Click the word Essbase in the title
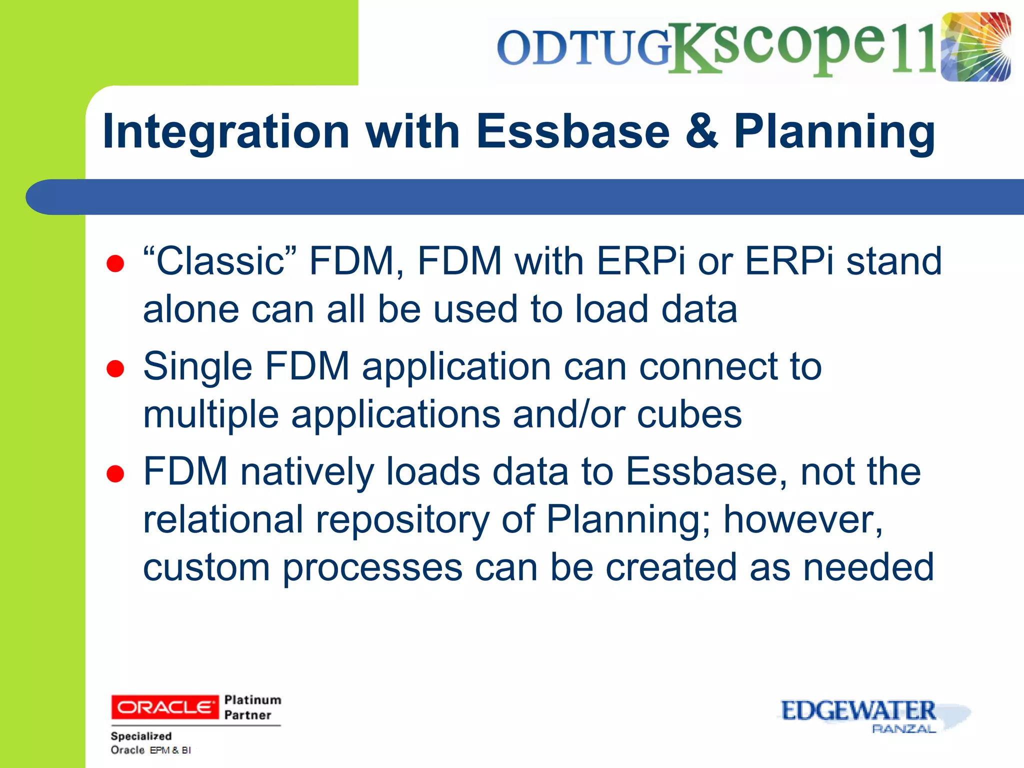pyautogui.click(x=572, y=131)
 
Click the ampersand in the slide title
pyautogui.click(x=701, y=131)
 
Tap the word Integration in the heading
pyautogui.click(x=226, y=131)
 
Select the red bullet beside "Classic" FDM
pyautogui.click(x=115, y=263)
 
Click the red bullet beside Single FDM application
pyautogui.click(x=115, y=369)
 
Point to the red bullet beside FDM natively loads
pyautogui.click(x=115, y=474)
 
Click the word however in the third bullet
pyautogui.click(x=803, y=519)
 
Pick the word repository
pyautogui.click(x=402, y=519)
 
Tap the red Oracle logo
pyautogui.click(x=164, y=707)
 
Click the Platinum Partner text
pyautogui.click(x=252, y=707)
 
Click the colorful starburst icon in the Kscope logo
pyautogui.click(x=975, y=47)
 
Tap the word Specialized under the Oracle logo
pyautogui.click(x=141, y=736)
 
